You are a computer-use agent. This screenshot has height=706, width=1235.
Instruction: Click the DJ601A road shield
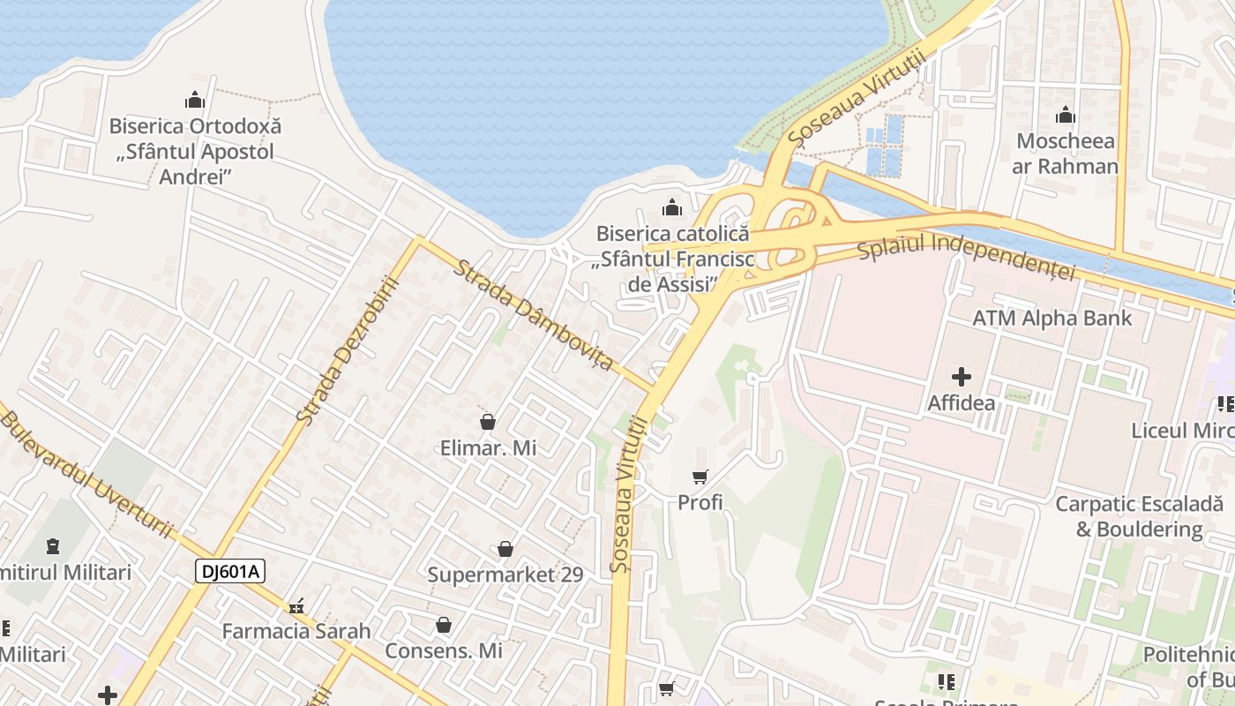pos(230,572)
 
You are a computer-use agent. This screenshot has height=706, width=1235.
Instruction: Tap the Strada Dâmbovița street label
pos(533,314)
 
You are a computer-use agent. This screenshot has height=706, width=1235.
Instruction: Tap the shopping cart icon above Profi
pos(700,477)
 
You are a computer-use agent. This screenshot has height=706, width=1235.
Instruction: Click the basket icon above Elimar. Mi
pos(488,423)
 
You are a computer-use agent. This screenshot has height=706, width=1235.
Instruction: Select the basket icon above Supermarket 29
pos(505,550)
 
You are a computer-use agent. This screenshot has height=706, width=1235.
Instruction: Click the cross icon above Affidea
pos(962,378)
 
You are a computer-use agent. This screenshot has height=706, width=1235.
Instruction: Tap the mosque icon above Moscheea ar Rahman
pos(1066,116)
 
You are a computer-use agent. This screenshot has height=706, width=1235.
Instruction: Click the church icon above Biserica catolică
pos(672,208)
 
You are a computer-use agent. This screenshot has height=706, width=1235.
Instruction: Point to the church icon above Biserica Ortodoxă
pos(195,100)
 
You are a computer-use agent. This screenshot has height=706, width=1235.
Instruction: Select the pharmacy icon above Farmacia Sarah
pos(296,607)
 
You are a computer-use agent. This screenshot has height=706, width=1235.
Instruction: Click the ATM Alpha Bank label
pos(1052,318)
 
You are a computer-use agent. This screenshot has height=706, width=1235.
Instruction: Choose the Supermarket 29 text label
pos(505,575)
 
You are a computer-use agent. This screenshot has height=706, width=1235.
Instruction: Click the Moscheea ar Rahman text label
pos(1066,154)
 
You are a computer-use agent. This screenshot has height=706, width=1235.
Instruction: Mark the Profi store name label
pos(700,502)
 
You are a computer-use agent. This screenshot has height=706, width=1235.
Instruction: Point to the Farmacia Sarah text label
pos(296,632)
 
